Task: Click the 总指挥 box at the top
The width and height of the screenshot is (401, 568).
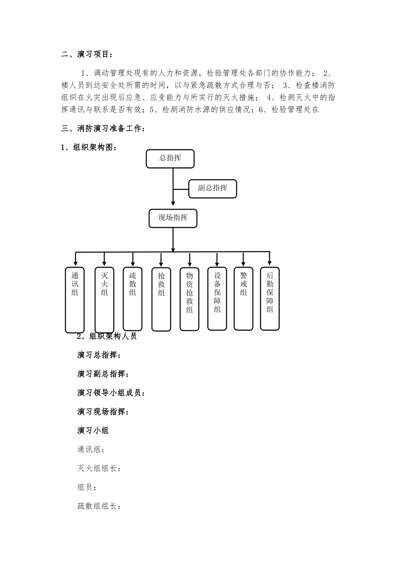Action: (x=170, y=158)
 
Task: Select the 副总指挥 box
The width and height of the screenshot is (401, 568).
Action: (x=212, y=188)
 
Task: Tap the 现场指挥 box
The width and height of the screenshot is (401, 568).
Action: (x=173, y=218)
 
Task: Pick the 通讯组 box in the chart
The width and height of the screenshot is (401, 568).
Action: (x=75, y=300)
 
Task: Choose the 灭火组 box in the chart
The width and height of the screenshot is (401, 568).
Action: (x=104, y=300)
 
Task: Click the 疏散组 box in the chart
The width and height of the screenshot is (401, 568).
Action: (x=133, y=298)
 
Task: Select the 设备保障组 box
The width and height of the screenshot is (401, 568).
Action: (x=217, y=298)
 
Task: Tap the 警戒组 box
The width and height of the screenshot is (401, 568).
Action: (x=244, y=298)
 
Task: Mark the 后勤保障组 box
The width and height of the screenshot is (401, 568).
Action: (x=270, y=298)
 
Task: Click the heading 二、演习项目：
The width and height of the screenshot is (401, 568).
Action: (x=87, y=55)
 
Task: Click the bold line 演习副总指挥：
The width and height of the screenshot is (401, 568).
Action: (x=103, y=374)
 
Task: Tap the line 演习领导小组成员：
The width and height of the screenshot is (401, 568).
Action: (x=111, y=393)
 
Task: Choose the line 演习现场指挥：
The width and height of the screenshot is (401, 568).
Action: (x=103, y=412)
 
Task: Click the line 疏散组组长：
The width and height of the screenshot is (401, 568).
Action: (x=99, y=506)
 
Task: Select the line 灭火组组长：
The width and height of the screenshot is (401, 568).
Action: (x=99, y=468)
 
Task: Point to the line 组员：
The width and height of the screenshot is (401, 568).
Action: (x=87, y=487)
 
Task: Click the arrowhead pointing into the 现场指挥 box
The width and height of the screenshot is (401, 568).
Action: (x=173, y=206)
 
